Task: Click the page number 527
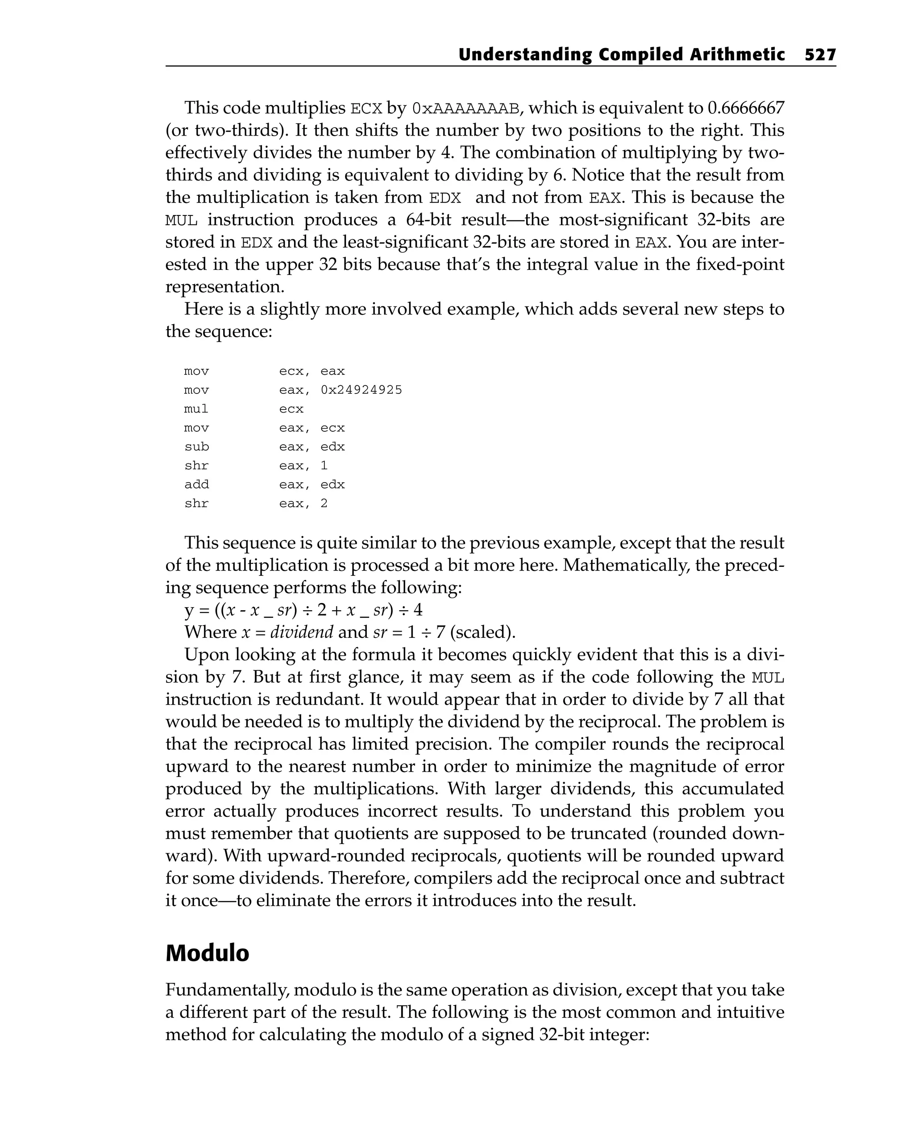click(820, 55)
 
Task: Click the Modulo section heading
click(207, 952)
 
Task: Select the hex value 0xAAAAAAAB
click(465, 109)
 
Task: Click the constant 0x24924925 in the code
click(361, 390)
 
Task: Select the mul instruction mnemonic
click(196, 409)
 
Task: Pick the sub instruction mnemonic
click(196, 446)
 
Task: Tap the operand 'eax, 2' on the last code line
click(303, 504)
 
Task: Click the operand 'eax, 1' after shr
click(303, 466)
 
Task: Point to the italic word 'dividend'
click(302, 632)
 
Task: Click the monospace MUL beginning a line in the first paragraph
click(181, 220)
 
